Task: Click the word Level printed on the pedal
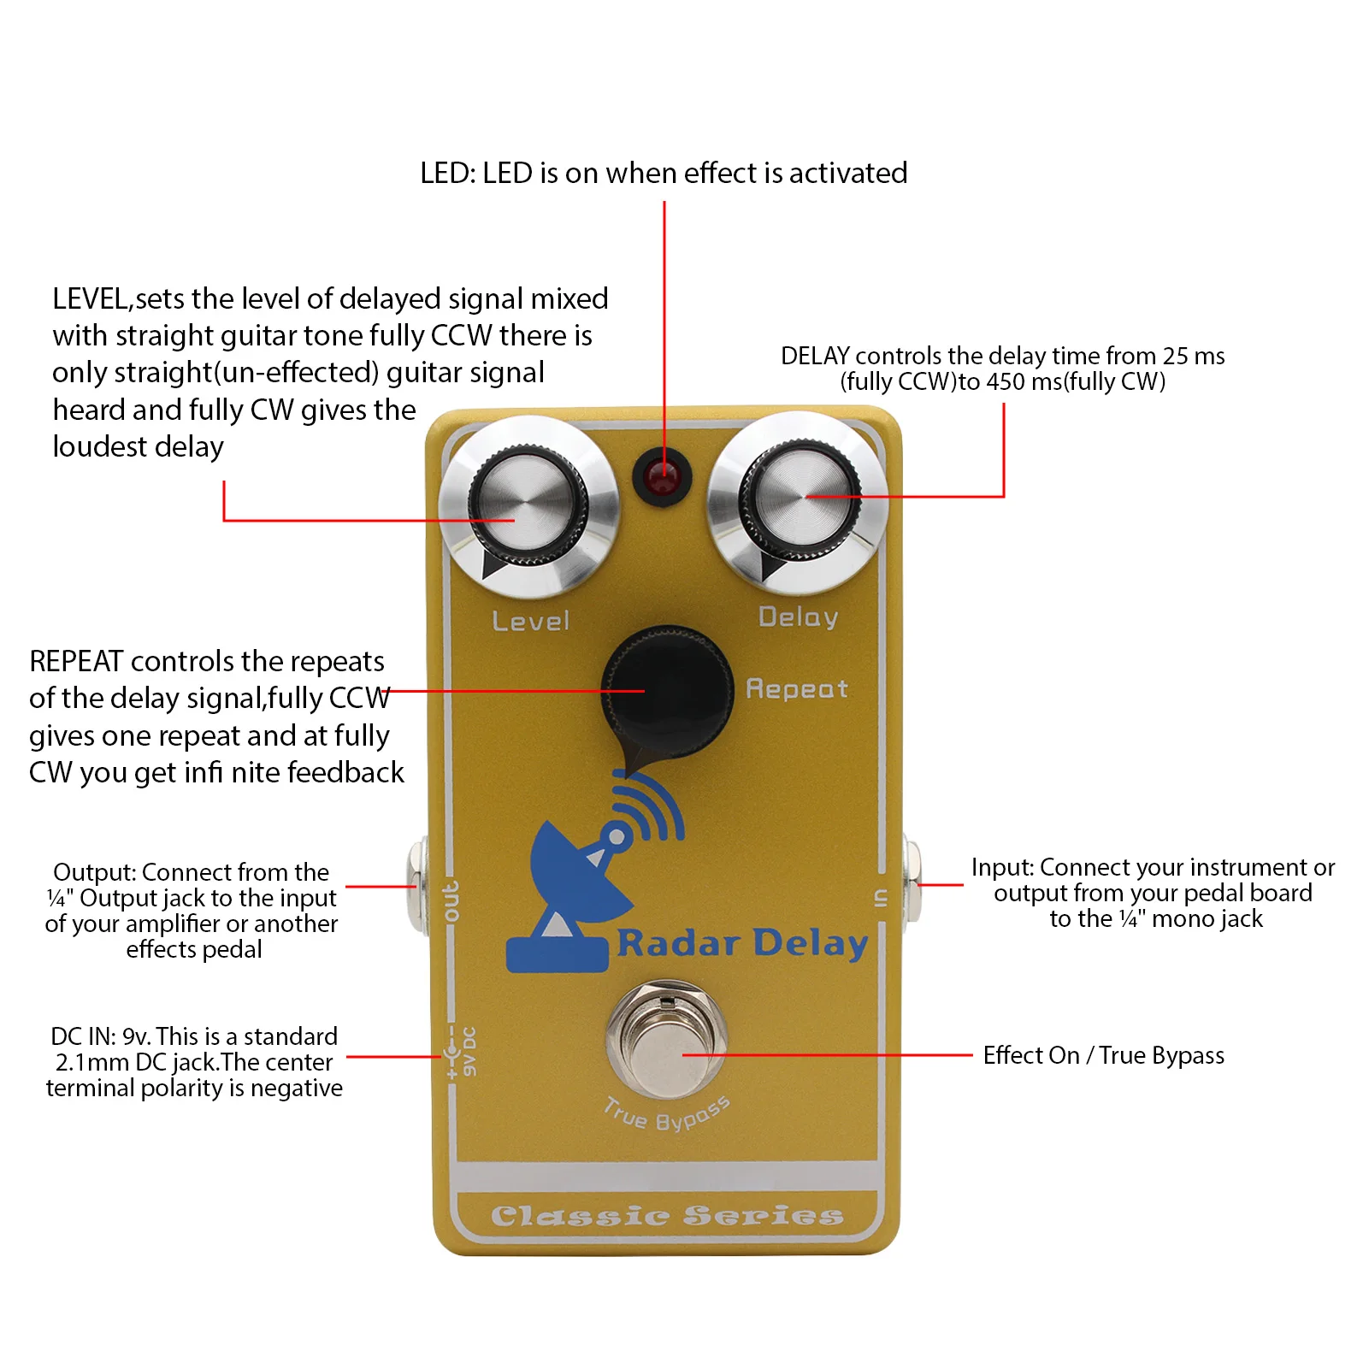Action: click(x=531, y=622)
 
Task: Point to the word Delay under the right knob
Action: click(x=798, y=617)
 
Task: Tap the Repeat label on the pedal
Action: click(x=796, y=689)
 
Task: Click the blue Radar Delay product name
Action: click(x=741, y=943)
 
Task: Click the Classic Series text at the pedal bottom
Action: click(x=667, y=1215)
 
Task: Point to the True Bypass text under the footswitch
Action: click(x=666, y=1113)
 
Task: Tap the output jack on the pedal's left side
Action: click(x=418, y=886)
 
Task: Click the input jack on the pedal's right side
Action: click(x=912, y=884)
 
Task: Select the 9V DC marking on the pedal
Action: click(x=469, y=1052)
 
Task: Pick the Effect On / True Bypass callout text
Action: click(x=1103, y=1056)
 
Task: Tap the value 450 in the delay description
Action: click(x=1006, y=382)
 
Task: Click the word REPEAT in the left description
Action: click(x=76, y=662)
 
